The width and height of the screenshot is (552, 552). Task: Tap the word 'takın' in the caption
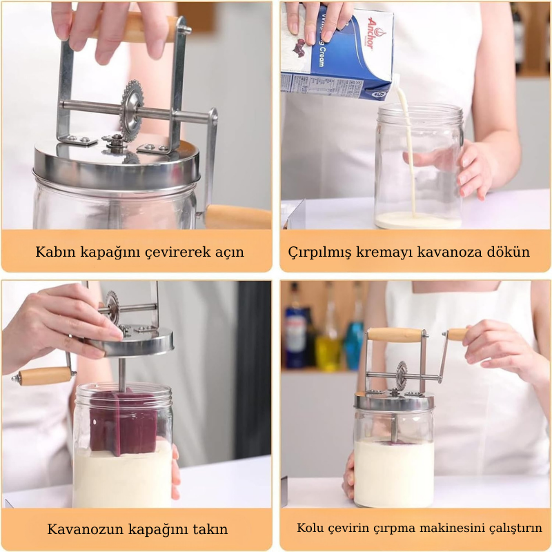pyautogui.click(x=210, y=529)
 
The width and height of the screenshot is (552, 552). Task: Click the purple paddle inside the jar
pyautogui.click(x=123, y=422)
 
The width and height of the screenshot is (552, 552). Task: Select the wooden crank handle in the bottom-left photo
pyautogui.click(x=45, y=376)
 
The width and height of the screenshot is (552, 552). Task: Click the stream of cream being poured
pyautogui.click(x=408, y=148)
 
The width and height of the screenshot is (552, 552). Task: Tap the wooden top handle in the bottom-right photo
pyautogui.click(x=395, y=335)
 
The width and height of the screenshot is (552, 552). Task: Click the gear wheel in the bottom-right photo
pyautogui.click(x=402, y=375)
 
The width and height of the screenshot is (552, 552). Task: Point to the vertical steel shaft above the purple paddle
pyautogui.click(x=122, y=375)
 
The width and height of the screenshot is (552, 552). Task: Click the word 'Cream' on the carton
pyautogui.click(x=320, y=56)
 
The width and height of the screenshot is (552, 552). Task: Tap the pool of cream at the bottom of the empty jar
pyautogui.click(x=418, y=220)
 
